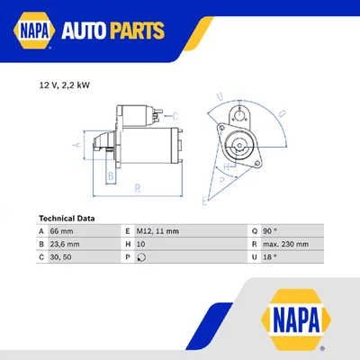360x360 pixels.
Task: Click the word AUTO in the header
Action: point(91,32)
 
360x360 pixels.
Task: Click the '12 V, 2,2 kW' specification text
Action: point(64,85)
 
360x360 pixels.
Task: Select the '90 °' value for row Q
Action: point(270,231)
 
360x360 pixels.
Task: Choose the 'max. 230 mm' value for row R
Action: point(286,244)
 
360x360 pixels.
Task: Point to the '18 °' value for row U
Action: point(270,256)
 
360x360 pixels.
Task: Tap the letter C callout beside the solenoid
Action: point(175,115)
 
